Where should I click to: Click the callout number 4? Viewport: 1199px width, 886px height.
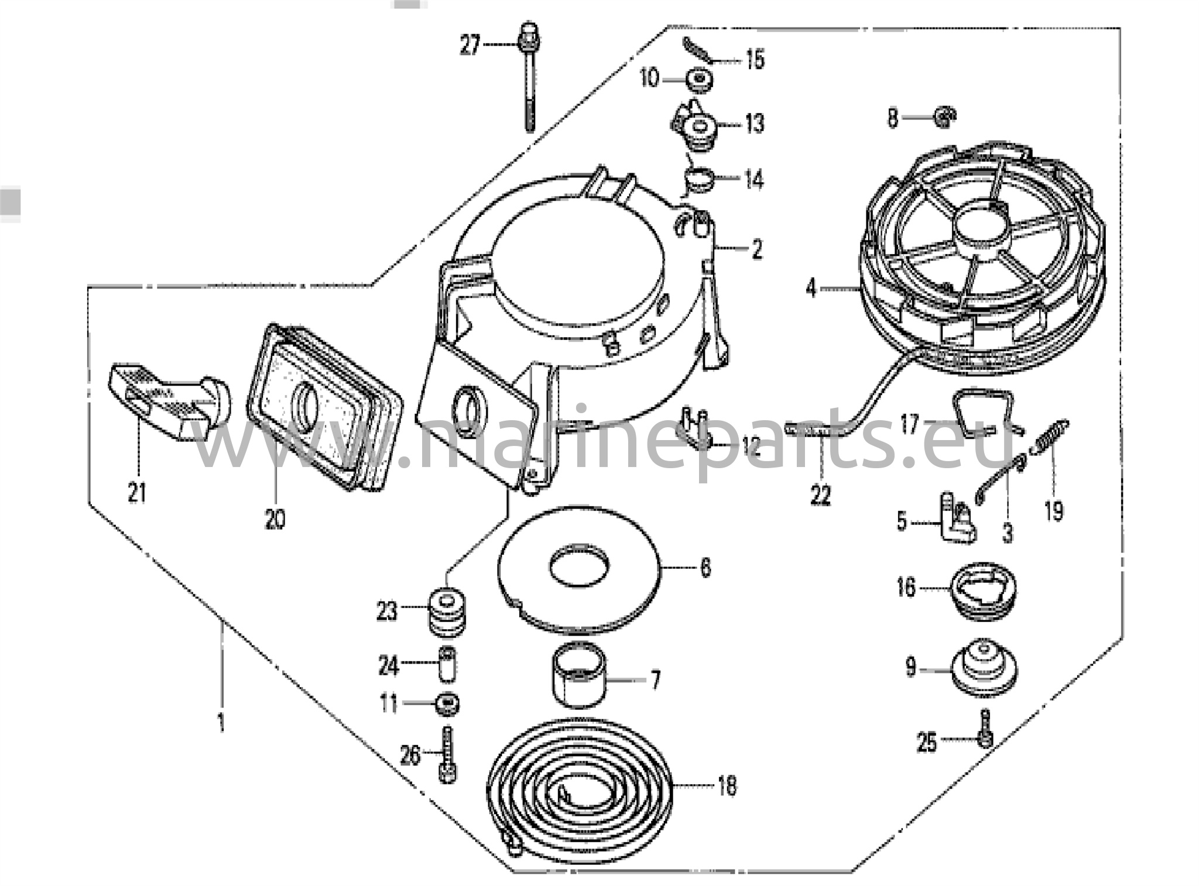click(810, 289)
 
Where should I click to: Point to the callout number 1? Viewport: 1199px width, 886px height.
click(221, 724)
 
